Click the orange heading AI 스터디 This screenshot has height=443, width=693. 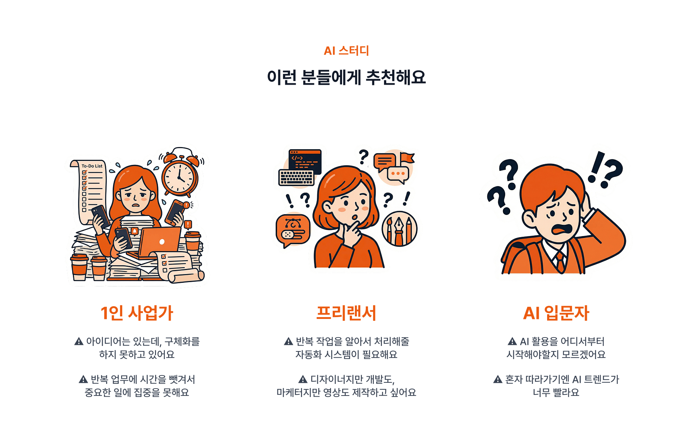346,51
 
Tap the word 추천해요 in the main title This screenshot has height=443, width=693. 396,77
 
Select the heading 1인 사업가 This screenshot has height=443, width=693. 137,313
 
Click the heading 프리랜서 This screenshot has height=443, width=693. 346,313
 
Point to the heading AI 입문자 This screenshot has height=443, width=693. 556,313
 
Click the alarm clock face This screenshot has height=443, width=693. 179,177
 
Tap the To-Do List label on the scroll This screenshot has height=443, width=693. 92,166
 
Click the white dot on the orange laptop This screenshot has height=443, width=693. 162,242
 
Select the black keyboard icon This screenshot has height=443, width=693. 296,178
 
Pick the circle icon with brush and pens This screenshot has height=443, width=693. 399,229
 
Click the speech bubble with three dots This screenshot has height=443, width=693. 398,174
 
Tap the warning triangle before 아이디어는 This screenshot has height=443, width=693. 79,342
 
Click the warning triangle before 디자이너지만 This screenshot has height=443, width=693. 303,380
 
